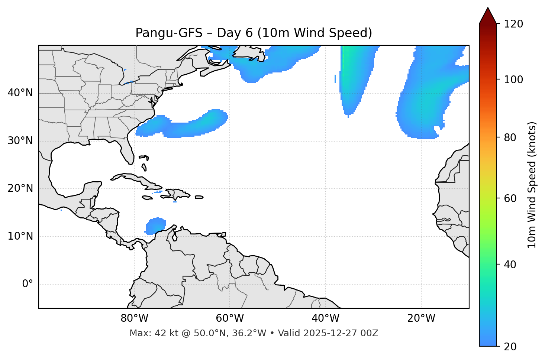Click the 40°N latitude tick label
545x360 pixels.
point(20,93)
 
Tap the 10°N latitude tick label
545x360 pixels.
point(20,236)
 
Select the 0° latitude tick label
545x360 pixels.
point(28,284)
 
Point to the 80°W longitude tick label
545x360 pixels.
point(134,318)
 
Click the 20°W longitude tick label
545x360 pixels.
point(421,318)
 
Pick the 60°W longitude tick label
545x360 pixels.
point(230,318)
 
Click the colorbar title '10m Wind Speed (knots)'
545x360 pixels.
point(532,185)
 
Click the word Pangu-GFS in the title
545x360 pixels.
point(169,33)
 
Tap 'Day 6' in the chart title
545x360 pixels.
point(235,33)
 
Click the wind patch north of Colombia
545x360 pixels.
point(155,226)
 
